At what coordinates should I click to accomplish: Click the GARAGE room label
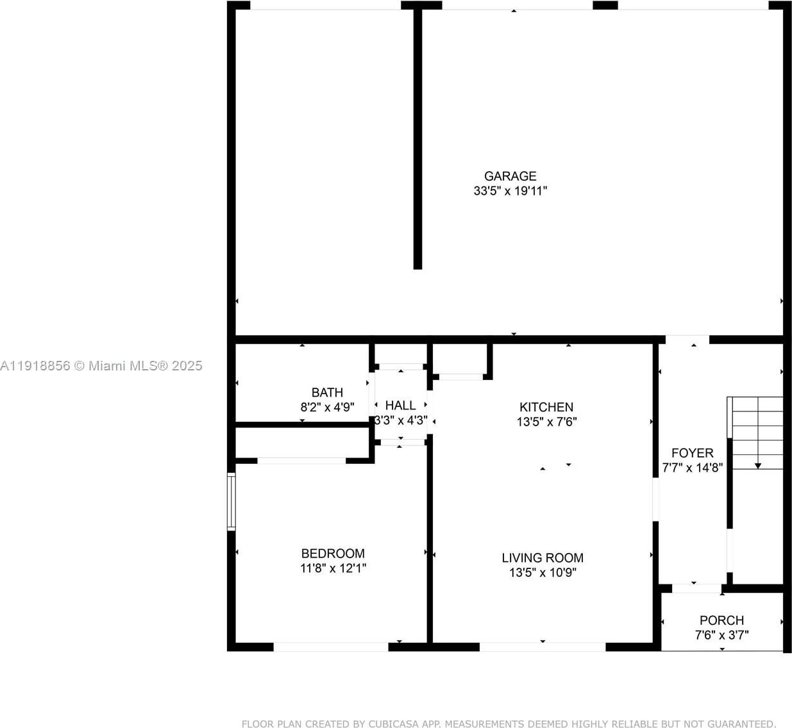pos(510,176)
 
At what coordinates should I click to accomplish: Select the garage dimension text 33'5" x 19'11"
pos(510,190)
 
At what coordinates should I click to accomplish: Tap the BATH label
pos(327,392)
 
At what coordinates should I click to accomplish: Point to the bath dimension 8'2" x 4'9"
pos(327,407)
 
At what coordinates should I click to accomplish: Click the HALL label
pos(400,405)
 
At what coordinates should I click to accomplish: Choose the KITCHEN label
pos(546,407)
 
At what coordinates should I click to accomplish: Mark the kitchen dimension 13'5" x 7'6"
pos(546,422)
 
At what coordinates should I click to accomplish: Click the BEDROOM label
pos(333,553)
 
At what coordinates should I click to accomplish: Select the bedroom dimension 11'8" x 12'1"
pos(333,568)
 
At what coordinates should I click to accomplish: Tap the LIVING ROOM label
pos(543,558)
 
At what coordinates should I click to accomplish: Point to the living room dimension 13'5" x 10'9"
pos(543,572)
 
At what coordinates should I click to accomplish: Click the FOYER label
pos(692,452)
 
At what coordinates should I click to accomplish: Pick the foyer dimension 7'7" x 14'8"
pos(692,467)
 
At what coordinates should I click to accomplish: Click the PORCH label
pos(721,620)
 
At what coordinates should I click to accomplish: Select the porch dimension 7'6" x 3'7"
pos(721,635)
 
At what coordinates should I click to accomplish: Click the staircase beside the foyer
pos(757,433)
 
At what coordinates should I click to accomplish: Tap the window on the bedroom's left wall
pos(232,502)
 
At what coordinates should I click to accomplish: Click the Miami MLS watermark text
pos(101,366)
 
